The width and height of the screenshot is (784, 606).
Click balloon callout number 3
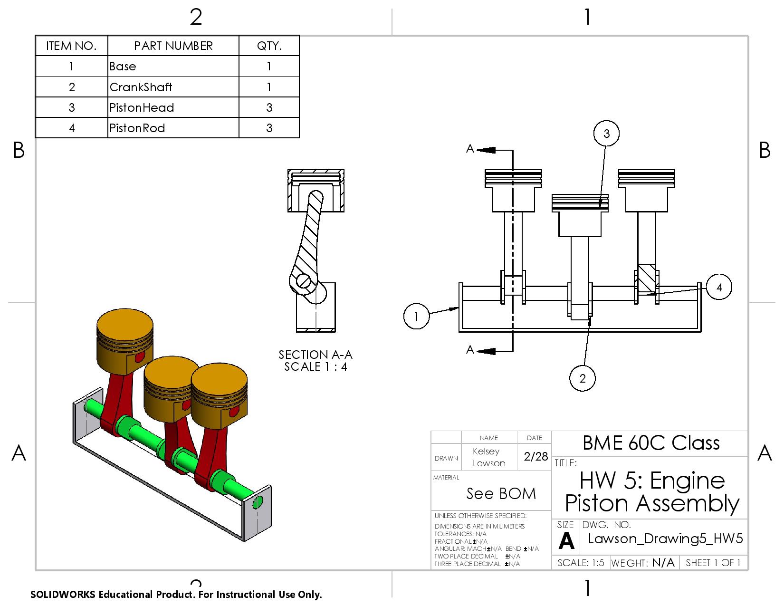click(x=606, y=134)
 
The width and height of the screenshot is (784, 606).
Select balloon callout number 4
click(x=719, y=287)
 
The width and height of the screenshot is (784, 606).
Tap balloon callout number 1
click(x=416, y=316)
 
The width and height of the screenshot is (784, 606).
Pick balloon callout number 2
click(x=583, y=378)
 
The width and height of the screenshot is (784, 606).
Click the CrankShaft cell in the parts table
click(x=141, y=87)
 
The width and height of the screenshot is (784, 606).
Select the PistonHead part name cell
click(x=142, y=107)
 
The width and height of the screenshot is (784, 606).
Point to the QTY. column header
click(x=269, y=46)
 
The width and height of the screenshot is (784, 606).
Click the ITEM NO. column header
click(x=71, y=46)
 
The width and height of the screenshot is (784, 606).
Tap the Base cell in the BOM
click(x=123, y=66)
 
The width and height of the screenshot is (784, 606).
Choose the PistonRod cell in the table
click(x=137, y=128)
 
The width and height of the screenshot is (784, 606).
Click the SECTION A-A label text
click(x=316, y=355)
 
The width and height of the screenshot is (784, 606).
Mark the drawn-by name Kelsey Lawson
click(x=488, y=457)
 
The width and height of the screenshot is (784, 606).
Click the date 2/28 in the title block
click(x=535, y=456)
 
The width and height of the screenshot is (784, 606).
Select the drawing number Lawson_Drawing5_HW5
click(x=665, y=539)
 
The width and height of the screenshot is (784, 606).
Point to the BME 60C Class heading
click(x=651, y=443)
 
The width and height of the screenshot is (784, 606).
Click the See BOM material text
click(x=501, y=494)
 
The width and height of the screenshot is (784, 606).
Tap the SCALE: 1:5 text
click(x=581, y=563)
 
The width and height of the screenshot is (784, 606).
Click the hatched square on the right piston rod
click(x=646, y=279)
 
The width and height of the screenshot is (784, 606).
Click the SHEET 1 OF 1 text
click(x=713, y=563)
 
